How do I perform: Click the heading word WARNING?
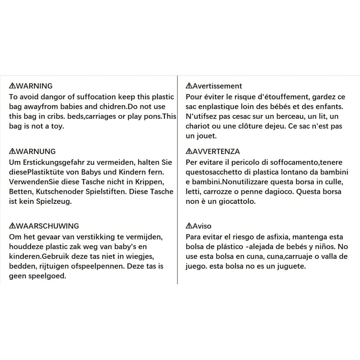tap(34, 86)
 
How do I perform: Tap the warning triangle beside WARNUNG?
tap(12, 152)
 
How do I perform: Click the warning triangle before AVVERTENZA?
tap(189, 152)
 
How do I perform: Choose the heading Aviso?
tap(202, 226)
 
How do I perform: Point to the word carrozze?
tap(214, 192)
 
